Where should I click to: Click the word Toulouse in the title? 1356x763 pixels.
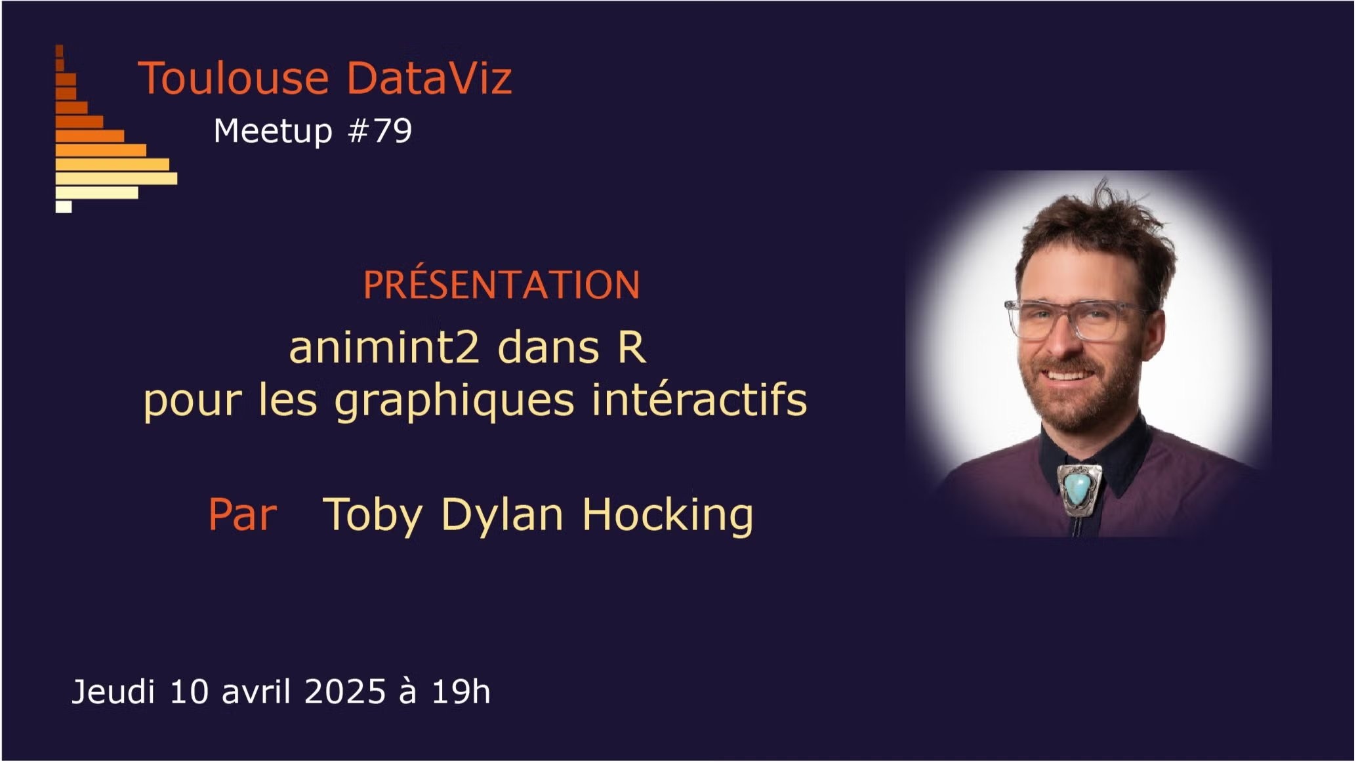pos(233,78)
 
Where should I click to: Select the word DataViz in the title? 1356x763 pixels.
pos(429,78)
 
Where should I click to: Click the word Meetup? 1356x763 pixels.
pos(274,132)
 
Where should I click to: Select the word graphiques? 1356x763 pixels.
pos(455,400)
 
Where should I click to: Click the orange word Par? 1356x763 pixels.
pos(243,514)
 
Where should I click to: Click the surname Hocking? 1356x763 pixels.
pos(668,516)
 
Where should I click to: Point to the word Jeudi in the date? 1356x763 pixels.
pos(113,691)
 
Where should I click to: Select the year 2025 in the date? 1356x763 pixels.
pos(345,691)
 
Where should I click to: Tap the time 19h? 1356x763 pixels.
pos(461,691)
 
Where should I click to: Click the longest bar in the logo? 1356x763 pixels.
pos(117,178)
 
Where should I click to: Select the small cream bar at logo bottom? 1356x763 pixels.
pos(64,207)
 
